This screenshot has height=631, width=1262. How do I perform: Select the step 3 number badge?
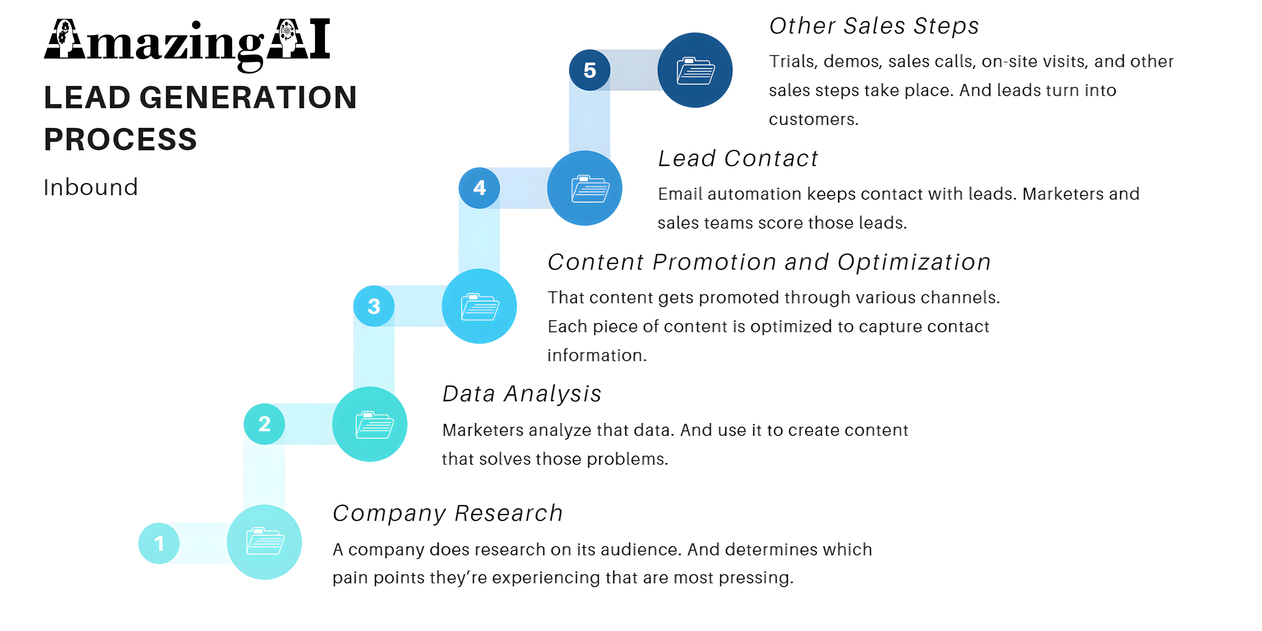tap(374, 306)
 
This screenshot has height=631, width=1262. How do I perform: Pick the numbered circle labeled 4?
tap(479, 188)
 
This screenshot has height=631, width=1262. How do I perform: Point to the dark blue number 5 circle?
tap(589, 70)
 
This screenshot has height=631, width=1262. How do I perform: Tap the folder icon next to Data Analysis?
tap(374, 425)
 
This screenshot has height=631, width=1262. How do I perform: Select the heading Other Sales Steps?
tap(874, 26)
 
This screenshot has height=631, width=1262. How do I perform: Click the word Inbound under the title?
tap(91, 187)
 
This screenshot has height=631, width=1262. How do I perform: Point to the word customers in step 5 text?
tap(813, 120)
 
